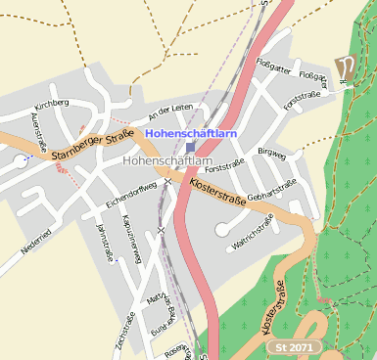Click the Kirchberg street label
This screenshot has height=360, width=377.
coord(50,102)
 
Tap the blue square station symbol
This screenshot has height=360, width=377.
coord(191,146)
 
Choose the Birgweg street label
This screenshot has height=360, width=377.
coord(271,152)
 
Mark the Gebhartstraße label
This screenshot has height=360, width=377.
coord(271,190)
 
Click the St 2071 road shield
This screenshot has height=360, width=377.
coord(295,347)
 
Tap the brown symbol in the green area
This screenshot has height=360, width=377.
coord(344,68)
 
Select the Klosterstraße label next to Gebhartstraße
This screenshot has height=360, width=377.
coord(216,184)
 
